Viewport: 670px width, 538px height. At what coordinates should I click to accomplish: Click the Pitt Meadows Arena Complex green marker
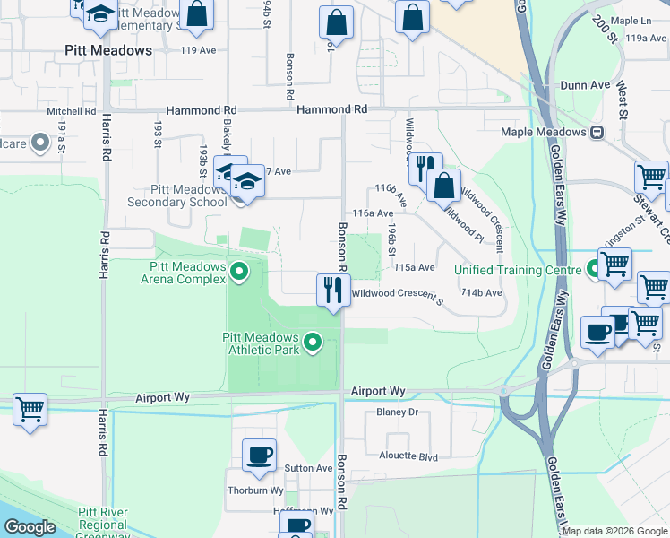click(239, 270)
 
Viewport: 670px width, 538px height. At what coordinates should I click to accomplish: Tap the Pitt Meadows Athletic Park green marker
click(313, 342)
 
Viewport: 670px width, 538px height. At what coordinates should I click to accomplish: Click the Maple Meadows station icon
click(597, 132)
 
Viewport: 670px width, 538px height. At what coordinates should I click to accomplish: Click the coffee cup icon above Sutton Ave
click(259, 454)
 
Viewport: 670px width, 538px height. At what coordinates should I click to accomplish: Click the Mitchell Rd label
click(72, 112)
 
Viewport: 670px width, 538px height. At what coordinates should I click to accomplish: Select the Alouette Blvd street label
click(412, 457)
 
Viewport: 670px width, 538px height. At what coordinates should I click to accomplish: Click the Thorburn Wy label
click(255, 490)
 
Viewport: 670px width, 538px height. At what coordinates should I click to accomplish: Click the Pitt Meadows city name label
click(108, 50)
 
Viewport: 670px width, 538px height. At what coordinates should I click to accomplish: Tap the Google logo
click(30, 527)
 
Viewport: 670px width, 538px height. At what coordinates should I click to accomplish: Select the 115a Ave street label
click(414, 267)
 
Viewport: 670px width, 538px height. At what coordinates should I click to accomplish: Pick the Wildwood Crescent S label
click(397, 294)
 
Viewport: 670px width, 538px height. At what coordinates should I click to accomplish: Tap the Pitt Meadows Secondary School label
click(176, 195)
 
